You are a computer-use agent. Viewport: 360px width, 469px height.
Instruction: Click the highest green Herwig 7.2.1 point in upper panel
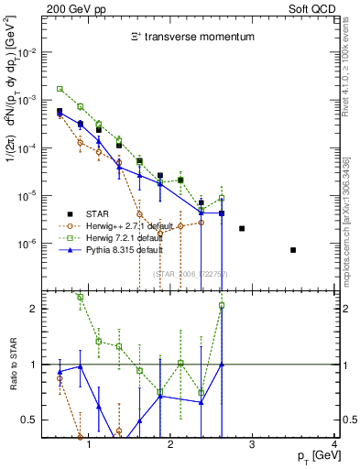(60, 89)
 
